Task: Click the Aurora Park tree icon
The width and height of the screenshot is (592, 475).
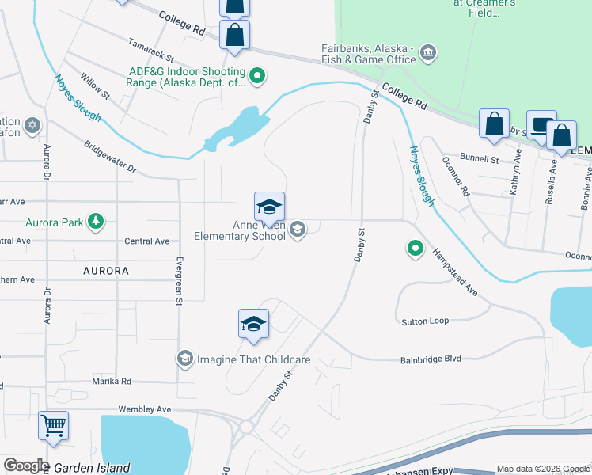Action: tap(96, 222)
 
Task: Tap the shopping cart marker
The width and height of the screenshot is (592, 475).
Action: tap(53, 425)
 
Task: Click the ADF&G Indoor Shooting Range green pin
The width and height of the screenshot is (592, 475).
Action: tap(256, 77)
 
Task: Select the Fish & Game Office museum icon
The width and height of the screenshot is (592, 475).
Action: tap(427, 52)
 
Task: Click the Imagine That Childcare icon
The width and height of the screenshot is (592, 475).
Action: tap(184, 359)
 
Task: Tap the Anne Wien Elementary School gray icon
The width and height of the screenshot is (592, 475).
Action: tap(298, 230)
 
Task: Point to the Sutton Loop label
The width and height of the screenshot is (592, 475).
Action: tap(425, 321)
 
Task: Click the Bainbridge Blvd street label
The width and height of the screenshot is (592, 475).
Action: tap(431, 359)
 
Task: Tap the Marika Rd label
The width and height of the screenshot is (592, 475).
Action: tap(112, 381)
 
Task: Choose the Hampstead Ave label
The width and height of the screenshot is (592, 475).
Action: tap(455, 272)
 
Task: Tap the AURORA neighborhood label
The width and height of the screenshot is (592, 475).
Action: tap(105, 271)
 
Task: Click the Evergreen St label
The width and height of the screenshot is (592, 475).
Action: tap(180, 280)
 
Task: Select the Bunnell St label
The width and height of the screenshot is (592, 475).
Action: tap(481, 159)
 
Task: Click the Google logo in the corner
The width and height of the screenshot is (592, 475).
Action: tap(26, 465)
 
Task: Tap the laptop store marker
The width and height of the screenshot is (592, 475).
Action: tap(541, 125)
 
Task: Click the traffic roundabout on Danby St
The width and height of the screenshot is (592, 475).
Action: tap(247, 427)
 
